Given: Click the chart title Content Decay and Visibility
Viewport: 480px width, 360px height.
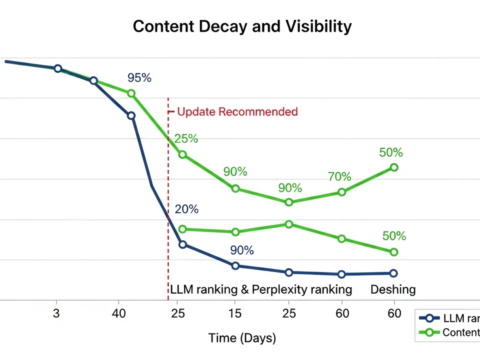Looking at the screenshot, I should (242, 27).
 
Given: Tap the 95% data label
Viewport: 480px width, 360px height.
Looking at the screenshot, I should (139, 78).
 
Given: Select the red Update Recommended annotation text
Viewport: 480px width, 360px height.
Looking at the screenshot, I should (237, 112).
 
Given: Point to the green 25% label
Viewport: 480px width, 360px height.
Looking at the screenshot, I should (186, 139).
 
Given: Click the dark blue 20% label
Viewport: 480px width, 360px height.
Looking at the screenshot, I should (186, 209).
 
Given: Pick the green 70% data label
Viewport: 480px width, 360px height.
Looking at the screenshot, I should (339, 176).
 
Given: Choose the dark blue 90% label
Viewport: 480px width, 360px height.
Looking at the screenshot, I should (242, 250).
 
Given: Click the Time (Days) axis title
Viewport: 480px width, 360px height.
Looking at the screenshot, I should (242, 338).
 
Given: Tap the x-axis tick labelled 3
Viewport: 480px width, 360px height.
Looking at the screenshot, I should (56, 313).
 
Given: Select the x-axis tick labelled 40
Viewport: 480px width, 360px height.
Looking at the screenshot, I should (118, 313).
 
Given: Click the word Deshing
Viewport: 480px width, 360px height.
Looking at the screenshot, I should (393, 289).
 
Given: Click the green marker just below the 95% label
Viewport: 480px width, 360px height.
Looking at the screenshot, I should (131, 93).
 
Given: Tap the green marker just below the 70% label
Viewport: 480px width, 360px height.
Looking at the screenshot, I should (342, 192).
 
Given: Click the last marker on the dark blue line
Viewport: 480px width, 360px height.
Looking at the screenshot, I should (393, 273).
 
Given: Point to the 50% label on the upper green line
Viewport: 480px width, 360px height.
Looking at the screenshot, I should (391, 152).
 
